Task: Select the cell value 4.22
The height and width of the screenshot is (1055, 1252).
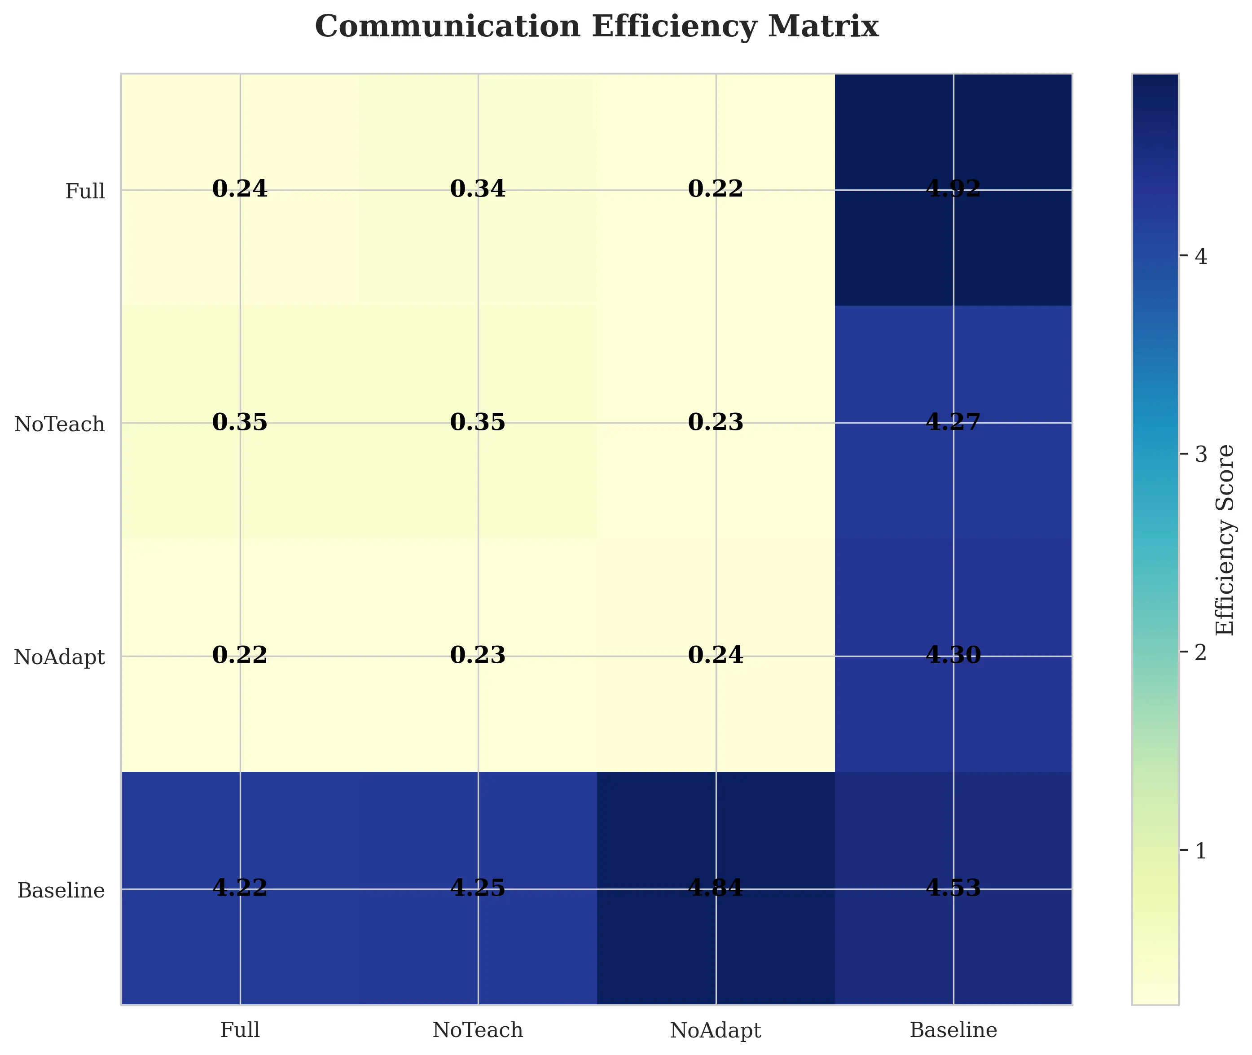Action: [x=240, y=888]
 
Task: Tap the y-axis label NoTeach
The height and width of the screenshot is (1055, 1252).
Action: [x=59, y=425]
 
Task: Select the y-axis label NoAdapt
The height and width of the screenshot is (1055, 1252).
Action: [x=59, y=658]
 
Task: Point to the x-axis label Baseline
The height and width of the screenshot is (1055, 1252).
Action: [x=953, y=1030]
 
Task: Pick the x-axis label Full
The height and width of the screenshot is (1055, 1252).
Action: [x=240, y=1030]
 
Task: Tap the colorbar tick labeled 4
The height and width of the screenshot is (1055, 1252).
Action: [x=1200, y=257]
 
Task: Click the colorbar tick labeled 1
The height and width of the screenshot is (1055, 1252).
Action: [x=1200, y=851]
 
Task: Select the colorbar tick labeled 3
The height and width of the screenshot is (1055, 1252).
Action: [x=1200, y=455]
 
